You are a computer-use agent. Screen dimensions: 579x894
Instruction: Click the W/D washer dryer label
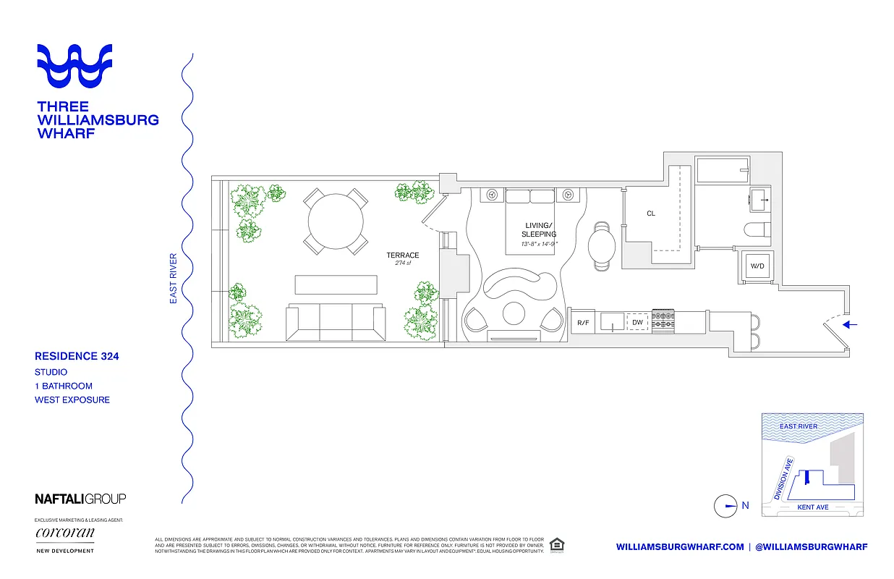point(757,266)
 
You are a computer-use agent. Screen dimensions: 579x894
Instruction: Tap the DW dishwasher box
point(637,322)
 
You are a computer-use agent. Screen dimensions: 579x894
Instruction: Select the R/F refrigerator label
point(582,322)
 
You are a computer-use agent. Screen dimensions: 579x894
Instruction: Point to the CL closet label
point(651,214)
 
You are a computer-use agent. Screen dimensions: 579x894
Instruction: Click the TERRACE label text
point(403,255)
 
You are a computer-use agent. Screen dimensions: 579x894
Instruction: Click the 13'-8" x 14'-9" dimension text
point(540,244)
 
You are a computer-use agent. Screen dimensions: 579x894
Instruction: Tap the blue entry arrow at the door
point(851,325)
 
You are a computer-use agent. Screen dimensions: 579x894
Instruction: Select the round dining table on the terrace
point(336,221)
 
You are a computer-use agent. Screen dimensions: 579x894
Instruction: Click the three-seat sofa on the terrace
point(335,321)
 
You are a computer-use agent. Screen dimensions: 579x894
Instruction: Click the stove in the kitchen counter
point(663,321)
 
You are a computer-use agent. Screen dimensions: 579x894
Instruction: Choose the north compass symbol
point(725,506)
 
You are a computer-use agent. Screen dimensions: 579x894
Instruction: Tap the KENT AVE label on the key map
point(812,507)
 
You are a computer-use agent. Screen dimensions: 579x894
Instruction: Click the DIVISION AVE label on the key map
point(783,479)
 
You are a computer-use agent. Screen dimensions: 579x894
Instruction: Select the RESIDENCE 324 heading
point(77,356)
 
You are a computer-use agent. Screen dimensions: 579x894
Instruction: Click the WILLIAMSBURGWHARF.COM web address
point(680,547)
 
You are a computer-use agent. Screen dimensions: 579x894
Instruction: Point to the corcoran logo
point(65,534)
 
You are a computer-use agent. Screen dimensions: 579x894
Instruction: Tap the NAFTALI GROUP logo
point(80,499)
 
